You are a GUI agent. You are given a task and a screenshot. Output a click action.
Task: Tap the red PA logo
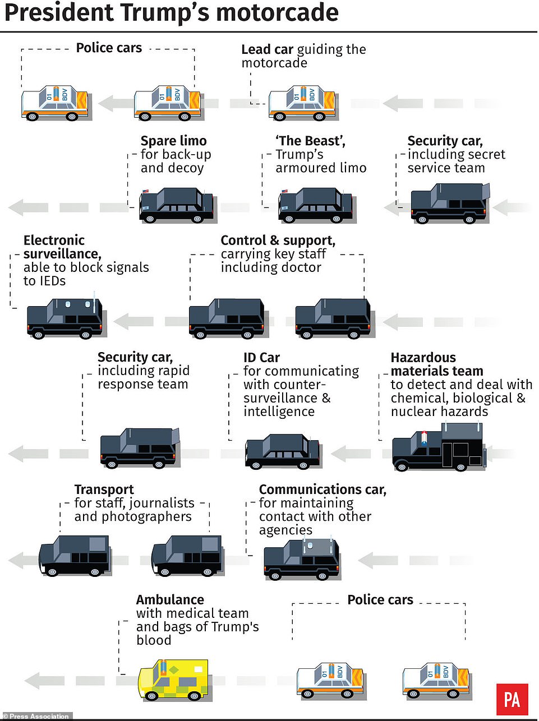click(512, 699)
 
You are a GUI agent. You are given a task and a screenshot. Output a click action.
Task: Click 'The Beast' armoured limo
click(315, 206)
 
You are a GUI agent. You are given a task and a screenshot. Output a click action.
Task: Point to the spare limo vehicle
click(176, 206)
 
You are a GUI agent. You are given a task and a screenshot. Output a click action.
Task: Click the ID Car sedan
click(282, 451)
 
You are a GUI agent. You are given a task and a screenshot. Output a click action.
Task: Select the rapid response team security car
click(139, 448)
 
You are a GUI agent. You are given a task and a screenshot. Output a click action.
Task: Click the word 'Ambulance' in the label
click(170, 599)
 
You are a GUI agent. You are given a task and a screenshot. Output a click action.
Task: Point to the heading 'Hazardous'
click(423, 358)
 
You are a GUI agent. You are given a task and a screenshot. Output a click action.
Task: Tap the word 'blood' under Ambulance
click(154, 640)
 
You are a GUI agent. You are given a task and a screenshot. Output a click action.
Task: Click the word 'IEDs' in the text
click(52, 281)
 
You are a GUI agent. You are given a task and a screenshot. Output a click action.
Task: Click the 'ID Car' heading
click(261, 358)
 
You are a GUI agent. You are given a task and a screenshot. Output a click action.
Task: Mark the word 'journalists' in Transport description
click(162, 503)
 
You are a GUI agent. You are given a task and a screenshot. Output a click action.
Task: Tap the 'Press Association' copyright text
click(39, 717)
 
